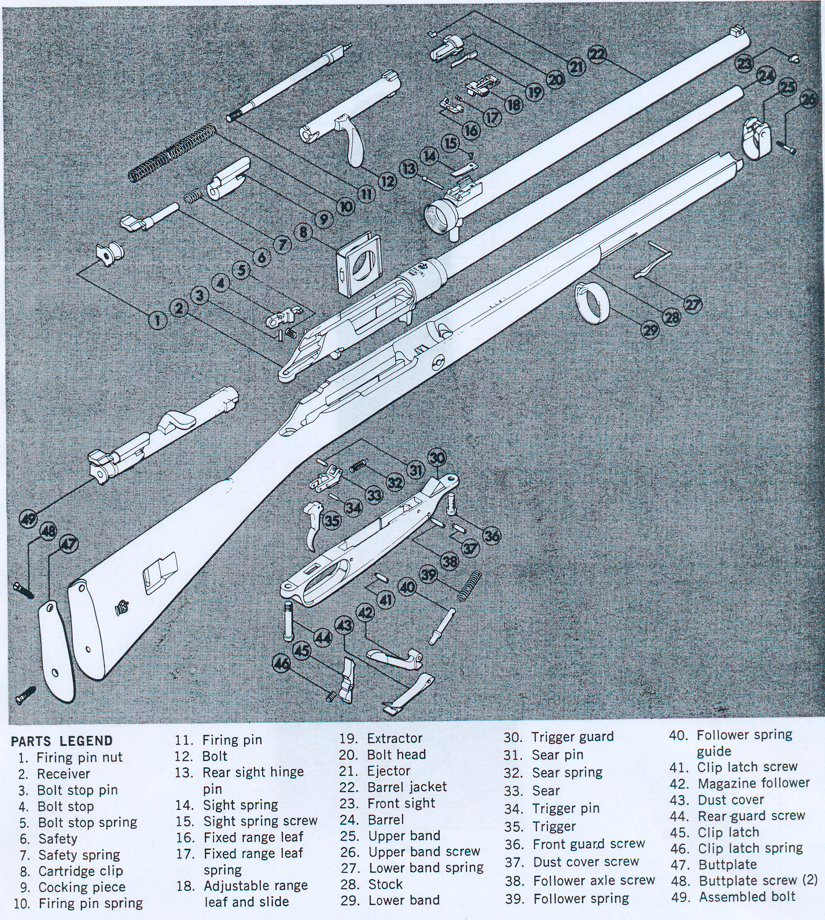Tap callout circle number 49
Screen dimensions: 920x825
(29, 519)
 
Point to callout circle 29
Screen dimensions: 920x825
(651, 330)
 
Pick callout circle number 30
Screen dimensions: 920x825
(437, 457)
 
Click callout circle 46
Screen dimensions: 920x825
(282, 663)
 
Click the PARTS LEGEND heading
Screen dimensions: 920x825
(62, 741)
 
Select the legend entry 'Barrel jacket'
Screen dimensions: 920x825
(407, 787)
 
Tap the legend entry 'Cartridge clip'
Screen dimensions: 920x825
(80, 871)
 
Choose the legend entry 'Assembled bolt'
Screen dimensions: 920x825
(747, 897)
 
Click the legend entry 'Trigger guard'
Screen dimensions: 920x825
(572, 736)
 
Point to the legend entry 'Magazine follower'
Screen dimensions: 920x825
(753, 783)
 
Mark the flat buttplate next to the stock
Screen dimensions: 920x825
(57, 643)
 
